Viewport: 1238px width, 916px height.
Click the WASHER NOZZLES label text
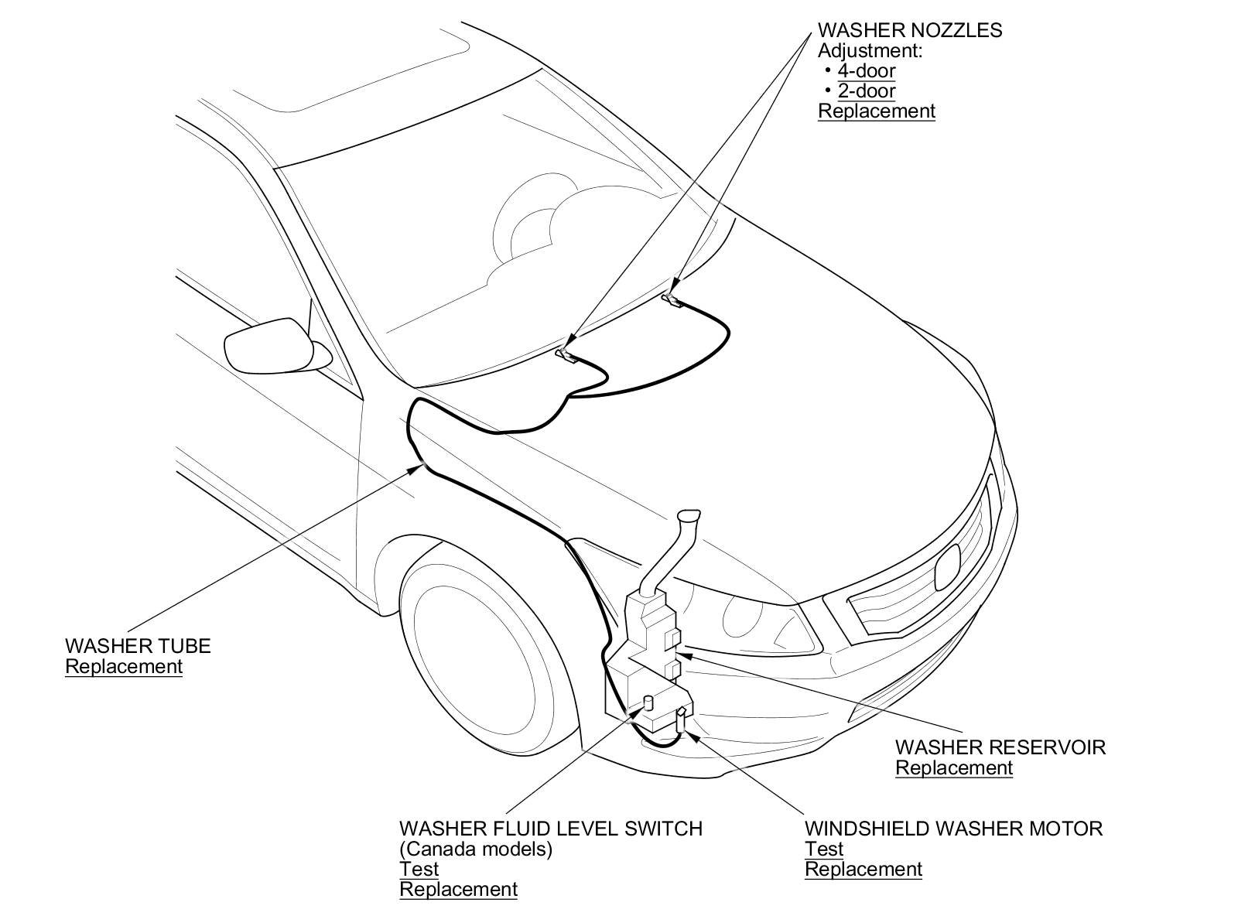coord(910,31)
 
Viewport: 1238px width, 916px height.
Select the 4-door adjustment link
coord(867,71)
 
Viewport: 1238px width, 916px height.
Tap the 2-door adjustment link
coord(867,91)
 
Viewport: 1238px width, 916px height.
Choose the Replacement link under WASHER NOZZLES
coord(877,111)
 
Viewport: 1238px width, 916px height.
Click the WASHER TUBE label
coord(138,646)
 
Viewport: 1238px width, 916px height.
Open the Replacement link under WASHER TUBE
coord(124,667)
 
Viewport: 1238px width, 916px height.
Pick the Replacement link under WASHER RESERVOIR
coord(954,768)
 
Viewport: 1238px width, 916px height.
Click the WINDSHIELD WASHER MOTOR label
coord(953,829)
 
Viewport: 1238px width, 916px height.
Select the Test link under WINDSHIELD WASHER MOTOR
coord(824,849)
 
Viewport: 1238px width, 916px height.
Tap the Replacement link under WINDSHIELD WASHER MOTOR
coord(864,870)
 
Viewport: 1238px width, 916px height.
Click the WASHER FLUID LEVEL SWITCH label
coord(551,829)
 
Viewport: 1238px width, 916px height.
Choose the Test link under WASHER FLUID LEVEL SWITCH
coord(419,870)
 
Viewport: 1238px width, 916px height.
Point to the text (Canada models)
coord(476,849)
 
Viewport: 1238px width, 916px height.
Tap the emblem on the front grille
coord(947,571)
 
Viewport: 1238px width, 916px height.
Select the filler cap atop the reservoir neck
coord(689,516)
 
